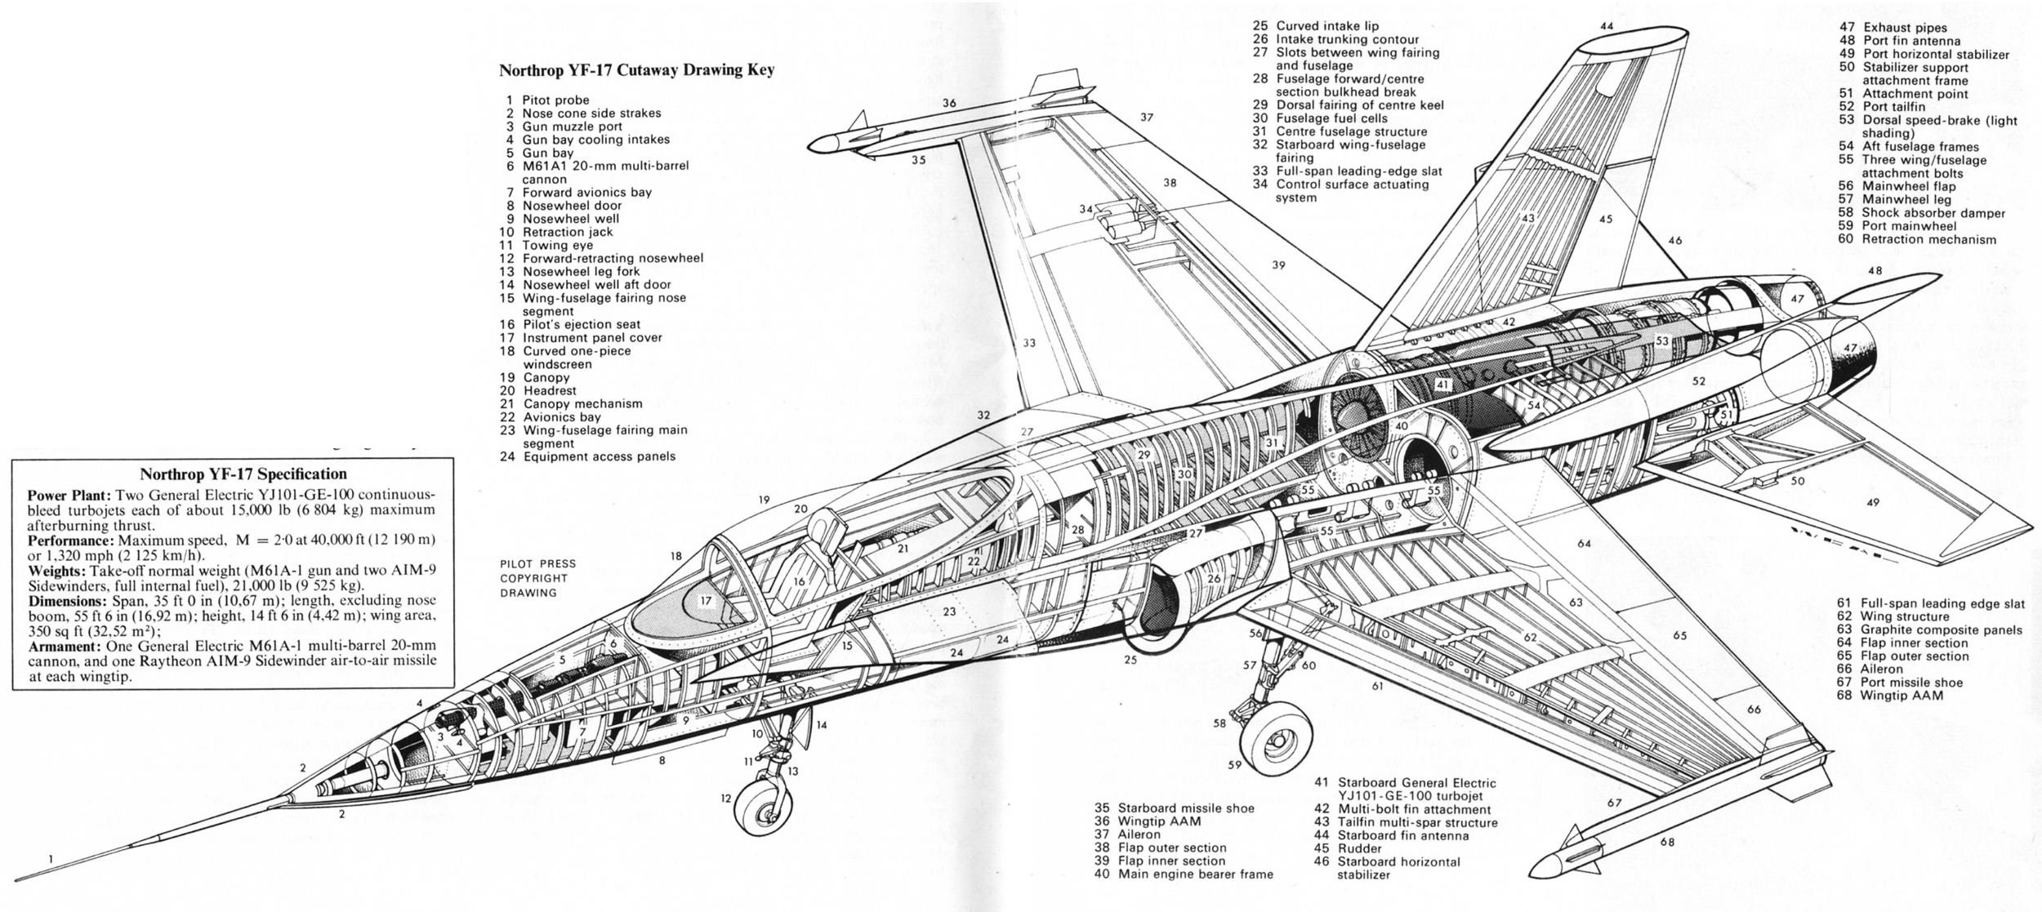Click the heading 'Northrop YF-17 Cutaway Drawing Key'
(x=636, y=70)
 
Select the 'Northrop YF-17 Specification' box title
(x=243, y=474)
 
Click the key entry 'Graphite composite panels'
(x=1930, y=630)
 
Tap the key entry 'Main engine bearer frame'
(x=1184, y=874)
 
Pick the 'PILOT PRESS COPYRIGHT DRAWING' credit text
(x=538, y=578)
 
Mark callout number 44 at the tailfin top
(x=1607, y=26)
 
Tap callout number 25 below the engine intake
(x=1130, y=659)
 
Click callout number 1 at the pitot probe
(x=51, y=858)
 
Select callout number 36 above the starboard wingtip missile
(x=948, y=103)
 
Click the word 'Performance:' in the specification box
(x=71, y=541)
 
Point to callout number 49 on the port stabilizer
(x=1873, y=502)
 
